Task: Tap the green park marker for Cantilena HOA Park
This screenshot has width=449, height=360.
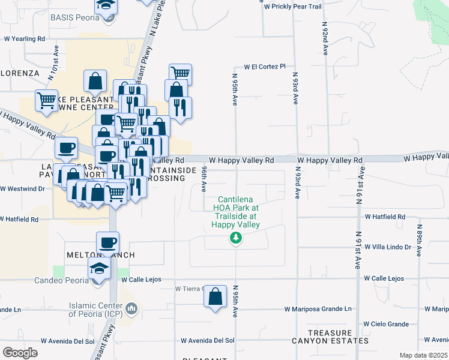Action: (236, 239)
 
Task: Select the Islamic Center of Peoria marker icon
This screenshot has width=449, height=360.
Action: (133, 309)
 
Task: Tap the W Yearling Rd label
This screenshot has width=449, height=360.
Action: (25, 38)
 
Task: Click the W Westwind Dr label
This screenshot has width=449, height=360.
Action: (22, 188)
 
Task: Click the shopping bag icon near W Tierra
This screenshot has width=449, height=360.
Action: (215, 296)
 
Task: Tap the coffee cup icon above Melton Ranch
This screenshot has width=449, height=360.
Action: (107, 243)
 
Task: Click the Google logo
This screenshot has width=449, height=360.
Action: (20, 352)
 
